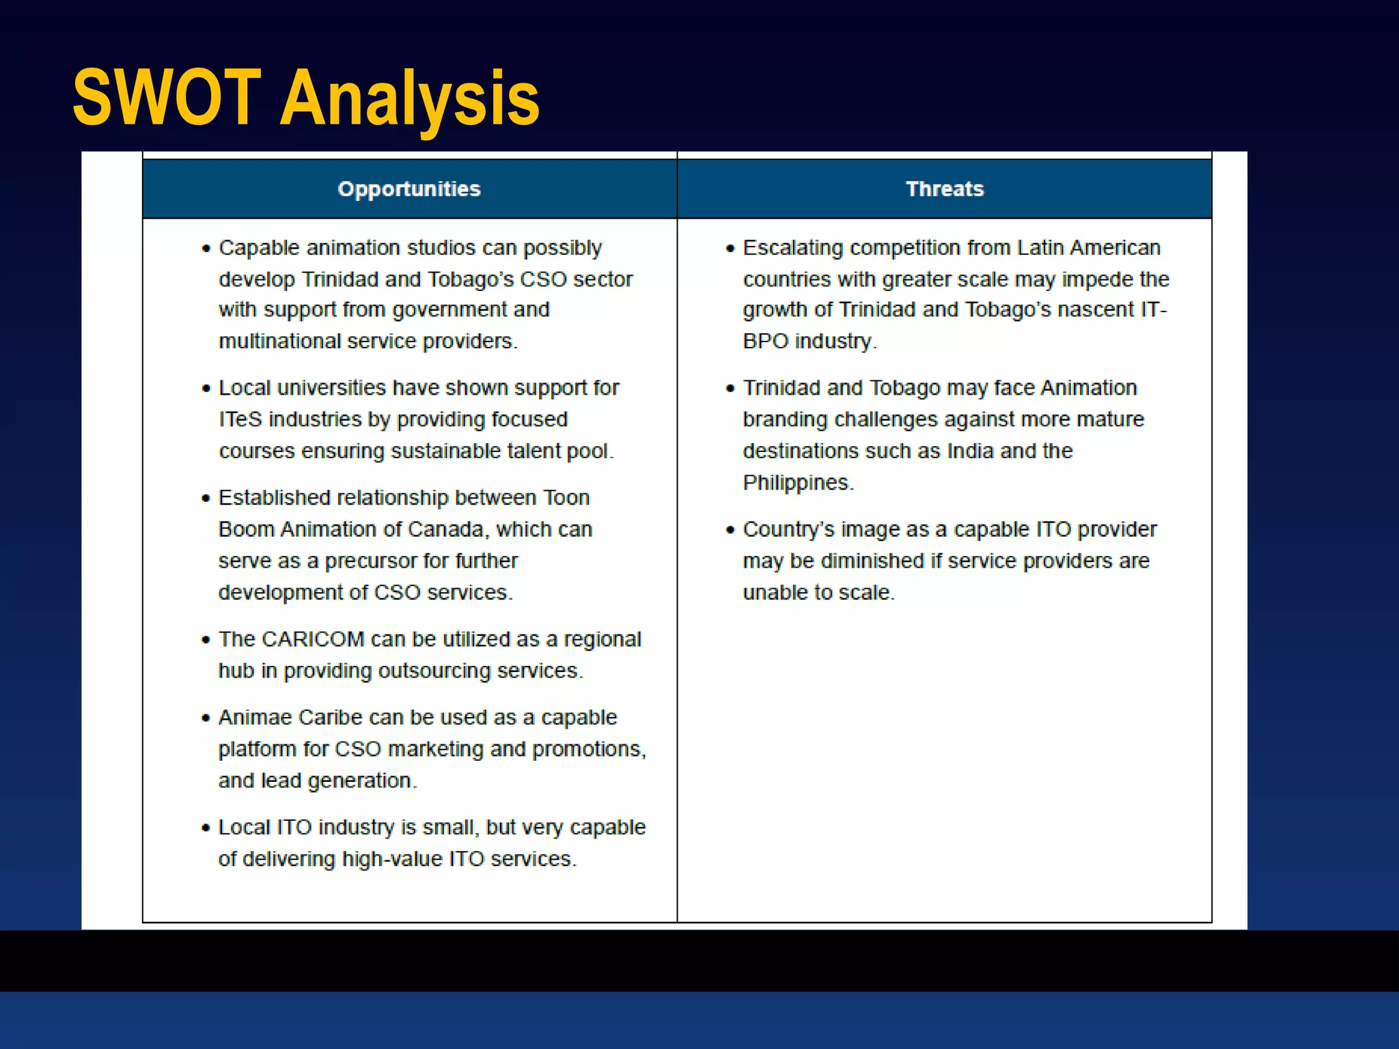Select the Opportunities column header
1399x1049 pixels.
tap(409, 189)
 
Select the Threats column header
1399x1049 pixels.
tap(945, 189)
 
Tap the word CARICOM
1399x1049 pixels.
tap(313, 639)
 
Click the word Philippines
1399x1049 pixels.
tap(797, 483)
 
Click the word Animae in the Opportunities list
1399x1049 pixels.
tap(255, 718)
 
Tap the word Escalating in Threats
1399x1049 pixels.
tap(793, 248)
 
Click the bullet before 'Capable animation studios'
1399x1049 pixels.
tap(206, 249)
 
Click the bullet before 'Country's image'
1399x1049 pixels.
tap(730, 530)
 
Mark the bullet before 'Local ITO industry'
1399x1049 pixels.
tap(206, 828)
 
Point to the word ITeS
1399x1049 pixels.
tap(240, 419)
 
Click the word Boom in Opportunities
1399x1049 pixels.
tap(246, 529)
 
